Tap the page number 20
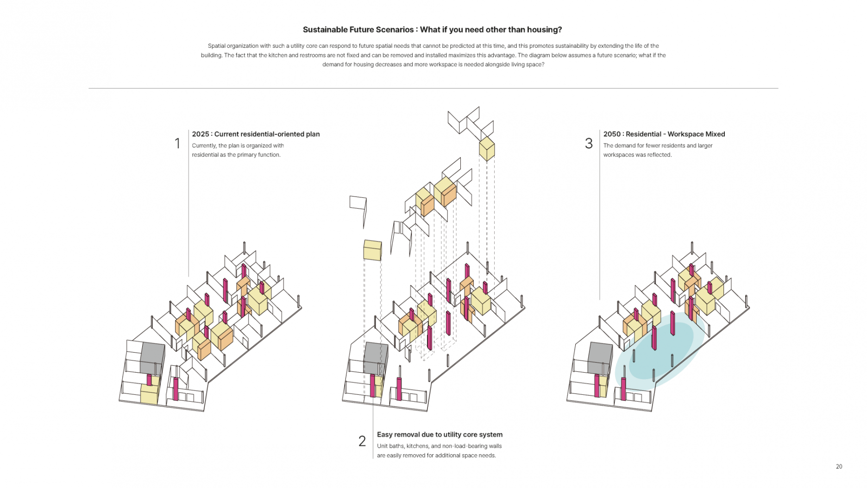coord(839,467)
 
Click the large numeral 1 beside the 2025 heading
coord(177,144)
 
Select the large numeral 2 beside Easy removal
coord(362,441)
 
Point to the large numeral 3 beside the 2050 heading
coord(589,144)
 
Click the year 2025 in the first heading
coord(201,134)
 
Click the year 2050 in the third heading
coord(612,134)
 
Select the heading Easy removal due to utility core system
coord(440,435)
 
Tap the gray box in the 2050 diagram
coord(600,358)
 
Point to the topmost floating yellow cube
coord(487,149)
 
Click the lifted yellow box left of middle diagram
coord(372,250)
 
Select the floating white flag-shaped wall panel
coord(358,204)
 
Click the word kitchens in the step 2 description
coord(417,446)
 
